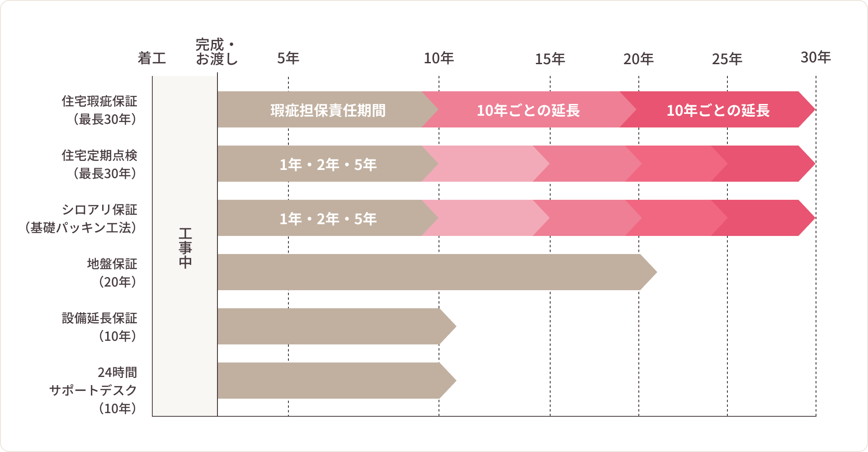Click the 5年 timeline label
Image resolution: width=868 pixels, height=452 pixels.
288,58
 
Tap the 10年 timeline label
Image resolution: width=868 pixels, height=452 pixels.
439,58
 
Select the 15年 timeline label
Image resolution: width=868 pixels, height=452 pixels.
550,59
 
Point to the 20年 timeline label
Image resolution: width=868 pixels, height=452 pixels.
638,59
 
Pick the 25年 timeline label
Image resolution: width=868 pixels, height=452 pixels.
727,59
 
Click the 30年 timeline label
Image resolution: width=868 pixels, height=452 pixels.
816,57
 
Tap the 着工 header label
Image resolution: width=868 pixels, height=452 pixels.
152,58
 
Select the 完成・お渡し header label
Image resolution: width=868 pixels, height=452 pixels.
217,52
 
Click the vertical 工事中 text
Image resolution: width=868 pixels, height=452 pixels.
185,248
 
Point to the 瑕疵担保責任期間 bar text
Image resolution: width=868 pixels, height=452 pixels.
328,110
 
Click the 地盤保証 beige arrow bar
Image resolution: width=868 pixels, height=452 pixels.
429,272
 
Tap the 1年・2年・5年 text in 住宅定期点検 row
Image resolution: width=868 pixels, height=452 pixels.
328,165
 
